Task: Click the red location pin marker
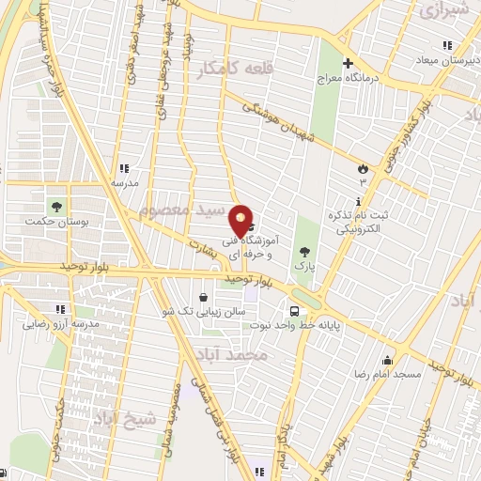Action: click(241, 221)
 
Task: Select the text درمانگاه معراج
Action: click(377, 80)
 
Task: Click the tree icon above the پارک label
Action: click(303, 252)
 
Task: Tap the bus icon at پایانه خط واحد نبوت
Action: click(295, 312)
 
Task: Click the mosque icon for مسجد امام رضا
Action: click(386, 361)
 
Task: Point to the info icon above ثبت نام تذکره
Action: click(358, 203)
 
